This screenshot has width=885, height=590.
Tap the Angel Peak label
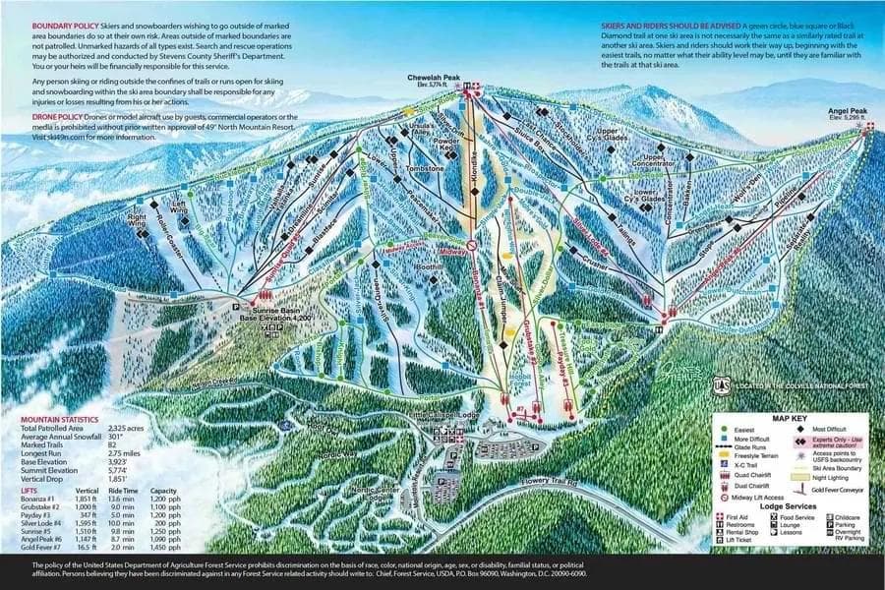click(847, 111)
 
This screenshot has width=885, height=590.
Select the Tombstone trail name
click(427, 168)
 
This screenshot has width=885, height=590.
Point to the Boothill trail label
click(429, 267)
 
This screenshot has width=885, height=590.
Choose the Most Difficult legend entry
click(831, 431)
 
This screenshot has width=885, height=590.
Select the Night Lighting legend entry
click(836, 475)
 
